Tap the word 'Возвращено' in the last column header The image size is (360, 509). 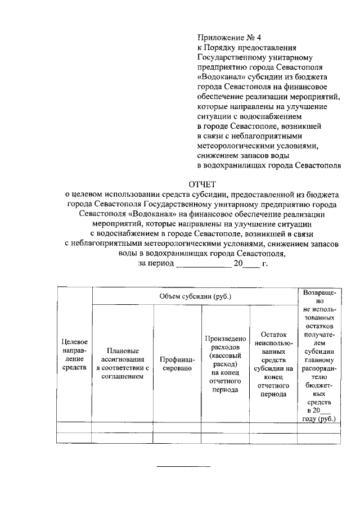(x=319, y=297)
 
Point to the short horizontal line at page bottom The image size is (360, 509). (x=183, y=466)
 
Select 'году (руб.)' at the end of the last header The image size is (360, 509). (x=319, y=419)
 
